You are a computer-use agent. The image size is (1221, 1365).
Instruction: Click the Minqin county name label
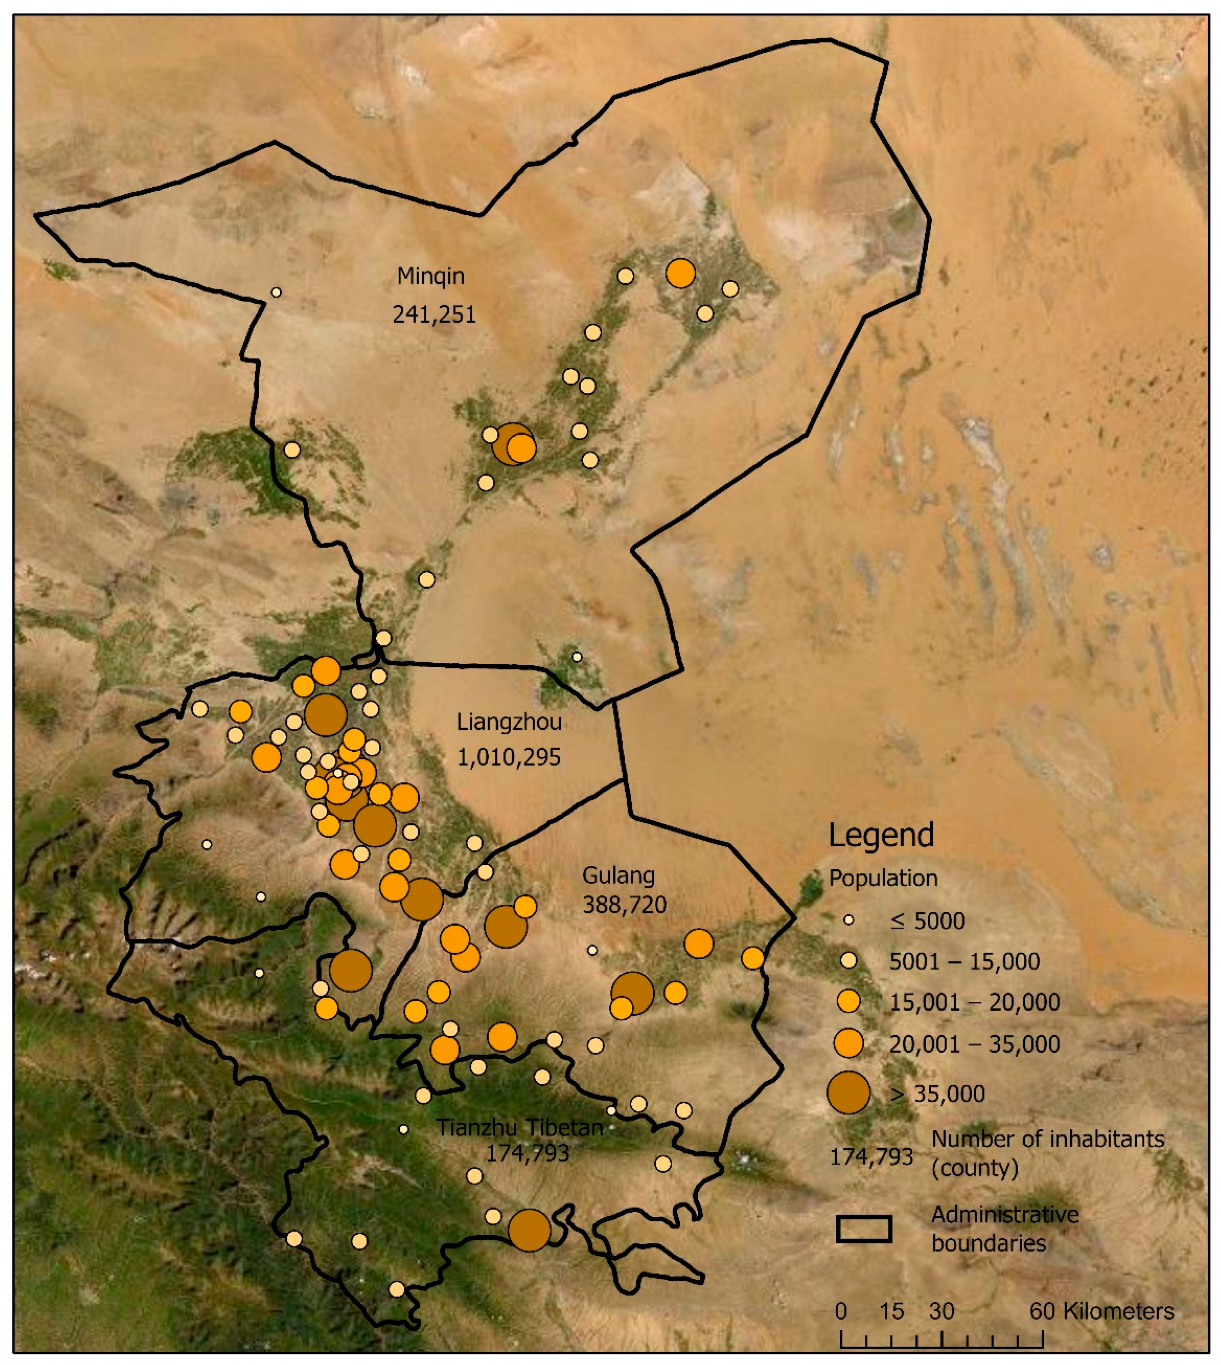click(x=431, y=276)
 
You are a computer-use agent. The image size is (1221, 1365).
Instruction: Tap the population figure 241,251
click(x=434, y=315)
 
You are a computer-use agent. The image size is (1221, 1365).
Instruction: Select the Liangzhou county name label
click(x=509, y=722)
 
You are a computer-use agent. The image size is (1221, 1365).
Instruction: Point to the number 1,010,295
click(x=509, y=757)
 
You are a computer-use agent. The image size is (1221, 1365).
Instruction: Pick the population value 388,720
click(x=625, y=905)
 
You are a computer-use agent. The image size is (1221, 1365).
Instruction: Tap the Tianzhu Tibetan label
click(x=520, y=1127)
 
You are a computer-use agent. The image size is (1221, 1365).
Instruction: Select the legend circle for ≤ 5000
click(x=849, y=920)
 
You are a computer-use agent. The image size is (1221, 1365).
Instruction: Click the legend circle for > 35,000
click(x=849, y=1092)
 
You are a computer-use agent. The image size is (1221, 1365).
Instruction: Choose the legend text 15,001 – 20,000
click(x=974, y=1002)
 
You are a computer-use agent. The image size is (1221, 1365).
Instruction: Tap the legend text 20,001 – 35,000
click(x=974, y=1044)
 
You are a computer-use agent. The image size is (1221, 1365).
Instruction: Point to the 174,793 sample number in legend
click(x=871, y=1156)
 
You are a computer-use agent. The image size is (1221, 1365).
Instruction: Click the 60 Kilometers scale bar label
click(x=1102, y=1311)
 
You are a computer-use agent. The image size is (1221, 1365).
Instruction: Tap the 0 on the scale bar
click(x=841, y=1311)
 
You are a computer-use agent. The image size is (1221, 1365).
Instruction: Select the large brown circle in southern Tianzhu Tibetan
click(x=529, y=1230)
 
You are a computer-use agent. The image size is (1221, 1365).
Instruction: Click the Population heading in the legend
click(x=883, y=878)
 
